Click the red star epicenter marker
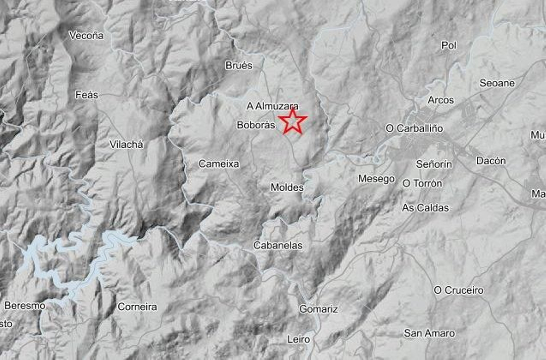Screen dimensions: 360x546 [292, 121]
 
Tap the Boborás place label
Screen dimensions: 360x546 [256, 125]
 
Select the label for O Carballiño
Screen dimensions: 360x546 [414, 129]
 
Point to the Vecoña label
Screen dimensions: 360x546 [86, 35]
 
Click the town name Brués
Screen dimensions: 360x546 [239, 66]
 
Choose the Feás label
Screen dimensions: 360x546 [87, 95]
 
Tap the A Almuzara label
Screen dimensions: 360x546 [272, 106]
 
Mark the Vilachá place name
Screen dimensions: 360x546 [126, 145]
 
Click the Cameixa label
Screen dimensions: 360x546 [219, 164]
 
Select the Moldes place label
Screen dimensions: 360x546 [287, 187]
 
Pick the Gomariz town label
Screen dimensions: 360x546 [318, 309]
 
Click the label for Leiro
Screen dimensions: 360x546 [299, 340]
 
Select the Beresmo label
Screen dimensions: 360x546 [25, 306]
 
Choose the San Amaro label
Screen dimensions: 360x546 [429, 333]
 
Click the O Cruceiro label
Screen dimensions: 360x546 [459, 290]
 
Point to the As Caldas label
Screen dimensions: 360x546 [425, 208]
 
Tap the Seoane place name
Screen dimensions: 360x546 [497, 83]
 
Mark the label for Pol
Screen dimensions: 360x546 [449, 45]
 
